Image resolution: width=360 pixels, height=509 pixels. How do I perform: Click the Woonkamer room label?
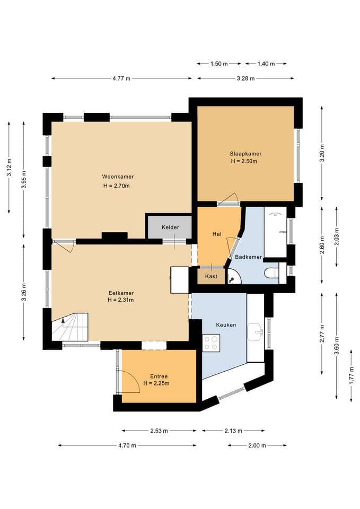click(118, 177)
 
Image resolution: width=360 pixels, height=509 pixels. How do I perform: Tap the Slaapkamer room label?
click(245, 154)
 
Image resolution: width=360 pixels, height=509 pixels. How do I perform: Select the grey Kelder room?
click(170, 227)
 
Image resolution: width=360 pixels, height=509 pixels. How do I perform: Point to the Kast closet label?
click(212, 276)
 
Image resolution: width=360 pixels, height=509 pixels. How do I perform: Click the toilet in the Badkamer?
click(272, 273)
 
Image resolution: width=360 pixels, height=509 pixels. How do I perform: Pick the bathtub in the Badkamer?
click(275, 232)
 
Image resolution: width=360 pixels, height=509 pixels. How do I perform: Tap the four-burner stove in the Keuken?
click(211, 343)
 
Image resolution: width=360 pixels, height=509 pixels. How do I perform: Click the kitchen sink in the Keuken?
click(256, 332)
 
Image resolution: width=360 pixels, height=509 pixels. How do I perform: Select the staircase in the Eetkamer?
click(70, 327)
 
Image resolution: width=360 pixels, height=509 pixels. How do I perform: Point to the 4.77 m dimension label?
click(122, 78)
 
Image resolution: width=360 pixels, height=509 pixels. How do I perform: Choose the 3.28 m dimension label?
click(245, 78)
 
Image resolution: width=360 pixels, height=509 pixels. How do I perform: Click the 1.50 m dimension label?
click(219, 64)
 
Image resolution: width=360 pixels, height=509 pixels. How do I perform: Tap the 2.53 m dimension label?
click(159, 431)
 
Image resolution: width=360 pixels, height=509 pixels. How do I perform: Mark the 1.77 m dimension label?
click(351, 375)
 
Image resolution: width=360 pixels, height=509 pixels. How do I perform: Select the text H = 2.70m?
click(117, 186)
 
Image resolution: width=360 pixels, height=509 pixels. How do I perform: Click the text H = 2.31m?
click(121, 300)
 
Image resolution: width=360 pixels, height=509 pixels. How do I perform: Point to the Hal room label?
click(217, 234)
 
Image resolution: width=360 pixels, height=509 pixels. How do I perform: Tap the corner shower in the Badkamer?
click(234, 276)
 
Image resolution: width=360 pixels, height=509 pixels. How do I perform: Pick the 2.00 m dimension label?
click(257, 445)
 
